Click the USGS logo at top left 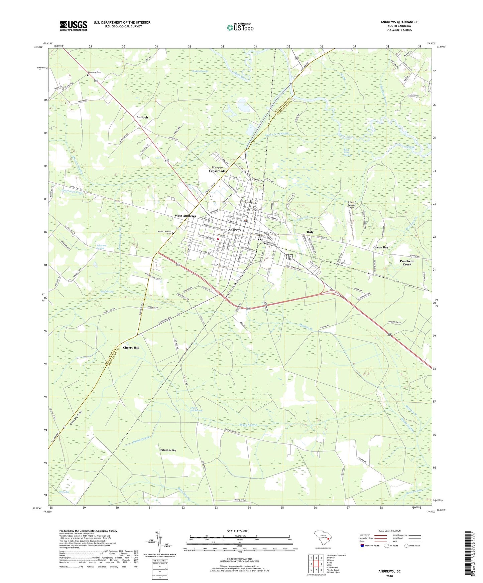tap(74, 26)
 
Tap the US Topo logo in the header tap(240, 27)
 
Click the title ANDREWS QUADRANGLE tap(399, 22)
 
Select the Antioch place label tap(142, 118)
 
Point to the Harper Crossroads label tap(217, 169)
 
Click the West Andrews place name tap(185, 216)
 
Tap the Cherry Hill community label tap(131, 348)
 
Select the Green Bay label tap(381, 247)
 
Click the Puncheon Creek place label tap(407, 263)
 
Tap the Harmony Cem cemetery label tap(94, 72)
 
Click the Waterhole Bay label tap(168, 450)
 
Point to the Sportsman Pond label tap(72, 193)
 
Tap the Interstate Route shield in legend tap(362, 546)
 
